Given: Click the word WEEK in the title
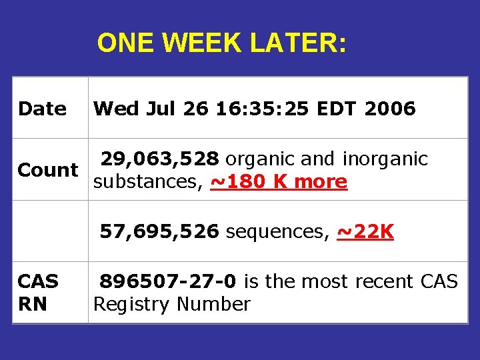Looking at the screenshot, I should coord(203,43).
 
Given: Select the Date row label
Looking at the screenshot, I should coord(42,108).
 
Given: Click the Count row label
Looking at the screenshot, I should coord(48,170).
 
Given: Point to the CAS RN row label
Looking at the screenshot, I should coord(38,293).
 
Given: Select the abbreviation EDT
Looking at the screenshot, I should coord(340,108).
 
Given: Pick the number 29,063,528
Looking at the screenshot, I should coord(159,159).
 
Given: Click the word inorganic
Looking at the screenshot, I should coord(385,159).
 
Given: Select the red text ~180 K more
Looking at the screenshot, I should coord(279,181).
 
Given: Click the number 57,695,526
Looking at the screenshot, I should coord(159,231).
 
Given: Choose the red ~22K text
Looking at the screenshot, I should coord(365,231).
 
